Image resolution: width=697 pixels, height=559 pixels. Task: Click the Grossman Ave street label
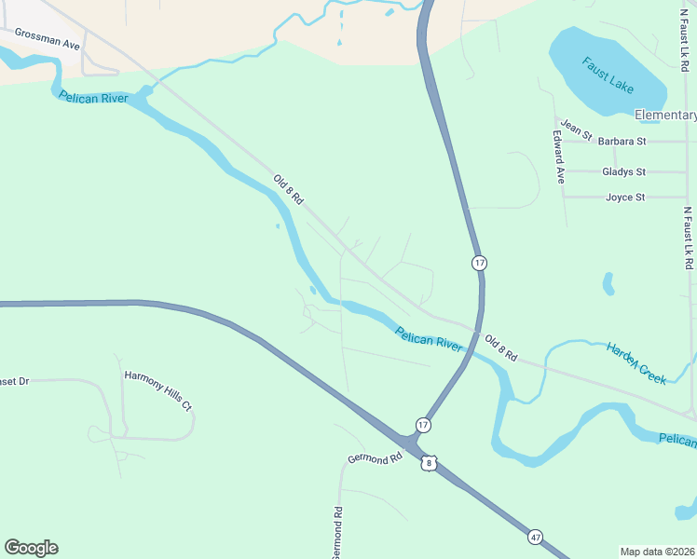[47, 42]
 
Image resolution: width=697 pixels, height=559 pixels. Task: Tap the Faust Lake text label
[608, 75]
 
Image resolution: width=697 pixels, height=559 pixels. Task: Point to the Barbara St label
[622, 142]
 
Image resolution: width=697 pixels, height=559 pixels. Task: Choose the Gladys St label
[623, 172]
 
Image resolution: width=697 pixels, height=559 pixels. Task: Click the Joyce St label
[625, 198]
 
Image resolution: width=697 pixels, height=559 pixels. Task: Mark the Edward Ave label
[558, 156]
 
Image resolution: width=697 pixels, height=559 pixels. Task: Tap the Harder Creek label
[636, 363]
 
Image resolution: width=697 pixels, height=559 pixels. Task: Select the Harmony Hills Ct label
[157, 378]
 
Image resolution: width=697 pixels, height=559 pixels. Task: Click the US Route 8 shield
[428, 462]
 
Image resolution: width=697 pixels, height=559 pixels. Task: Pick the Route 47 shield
[535, 538]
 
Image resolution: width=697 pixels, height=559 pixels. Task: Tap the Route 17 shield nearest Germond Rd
[424, 425]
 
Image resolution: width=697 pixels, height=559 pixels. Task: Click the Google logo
[31, 548]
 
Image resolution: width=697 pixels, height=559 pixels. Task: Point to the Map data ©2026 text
[658, 552]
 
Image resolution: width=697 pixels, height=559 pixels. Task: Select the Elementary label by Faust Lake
[665, 116]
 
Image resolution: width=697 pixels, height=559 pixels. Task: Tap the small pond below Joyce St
[608, 282]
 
